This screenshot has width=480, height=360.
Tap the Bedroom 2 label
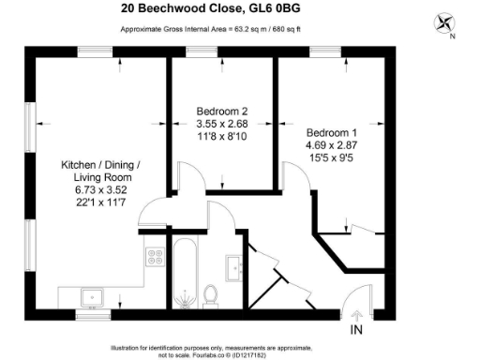(x=221, y=108)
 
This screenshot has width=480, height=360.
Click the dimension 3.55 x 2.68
(x=221, y=122)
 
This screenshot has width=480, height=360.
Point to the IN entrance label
(x=357, y=330)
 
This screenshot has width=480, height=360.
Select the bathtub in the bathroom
(x=184, y=273)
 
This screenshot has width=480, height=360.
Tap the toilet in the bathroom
(x=211, y=294)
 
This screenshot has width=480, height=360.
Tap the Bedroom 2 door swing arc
(x=190, y=178)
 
